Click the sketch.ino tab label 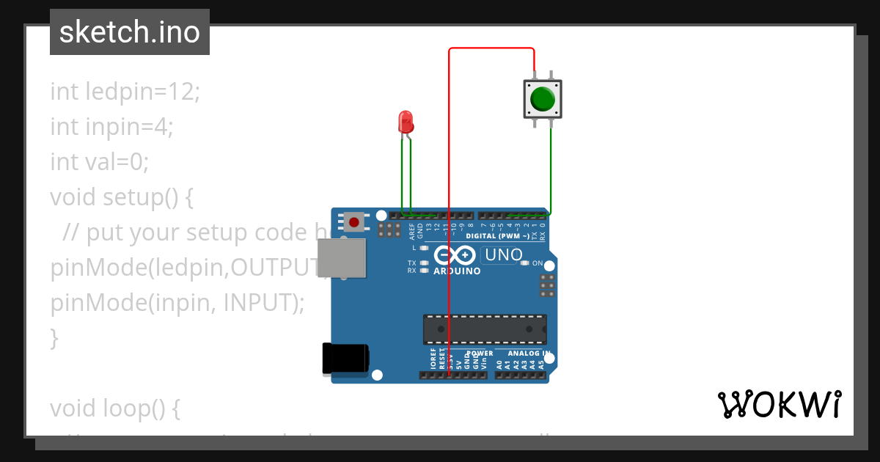[130, 32]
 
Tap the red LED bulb [405, 121]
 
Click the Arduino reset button [355, 221]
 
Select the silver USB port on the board [342, 258]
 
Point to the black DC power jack [345, 359]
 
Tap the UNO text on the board [503, 255]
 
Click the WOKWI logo [780, 404]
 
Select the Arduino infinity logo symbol [455, 255]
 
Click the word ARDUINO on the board [457, 271]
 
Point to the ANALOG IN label [521, 353]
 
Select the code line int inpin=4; [111, 127]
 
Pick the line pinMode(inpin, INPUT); [177, 302]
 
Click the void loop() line [114, 408]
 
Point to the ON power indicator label [537, 263]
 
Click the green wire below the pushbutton [551, 169]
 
